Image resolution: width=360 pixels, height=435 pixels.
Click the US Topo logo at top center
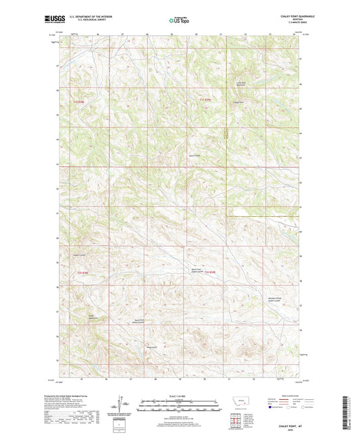[x=179, y=20]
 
